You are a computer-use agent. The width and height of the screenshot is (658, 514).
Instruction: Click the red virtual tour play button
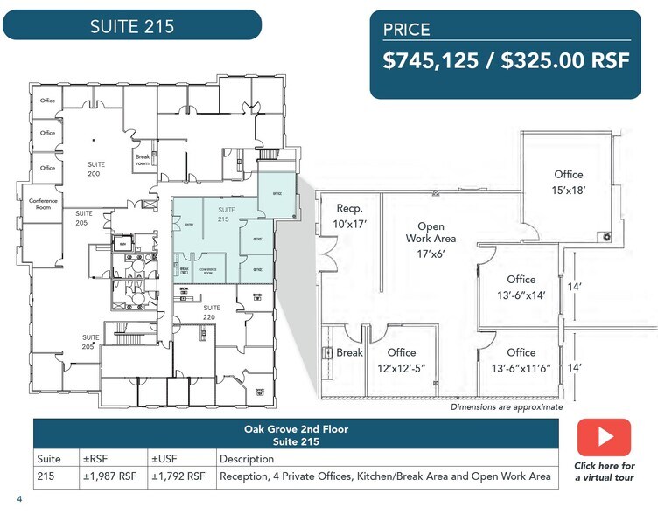click(x=604, y=437)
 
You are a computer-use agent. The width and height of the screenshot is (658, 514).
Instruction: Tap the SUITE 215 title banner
click(x=132, y=25)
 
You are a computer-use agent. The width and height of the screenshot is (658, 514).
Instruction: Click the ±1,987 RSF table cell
click(x=108, y=476)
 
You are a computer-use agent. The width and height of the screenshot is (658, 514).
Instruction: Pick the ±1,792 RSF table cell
click(x=178, y=476)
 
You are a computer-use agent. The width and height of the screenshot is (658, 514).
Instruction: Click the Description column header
click(x=247, y=459)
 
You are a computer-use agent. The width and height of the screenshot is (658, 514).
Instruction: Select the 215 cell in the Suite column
click(x=45, y=476)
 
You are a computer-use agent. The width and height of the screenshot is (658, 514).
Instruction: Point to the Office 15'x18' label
click(x=568, y=182)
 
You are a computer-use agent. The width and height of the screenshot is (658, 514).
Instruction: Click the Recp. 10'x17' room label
click(x=350, y=216)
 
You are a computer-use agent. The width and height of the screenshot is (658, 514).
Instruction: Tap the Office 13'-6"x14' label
click(x=521, y=288)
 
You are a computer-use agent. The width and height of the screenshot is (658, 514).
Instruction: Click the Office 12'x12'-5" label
click(x=401, y=360)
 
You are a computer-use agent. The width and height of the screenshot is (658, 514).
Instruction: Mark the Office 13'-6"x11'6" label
click(x=521, y=360)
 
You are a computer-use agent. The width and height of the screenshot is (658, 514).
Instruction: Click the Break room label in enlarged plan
click(x=350, y=353)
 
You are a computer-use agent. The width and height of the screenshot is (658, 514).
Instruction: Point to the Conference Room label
click(x=43, y=205)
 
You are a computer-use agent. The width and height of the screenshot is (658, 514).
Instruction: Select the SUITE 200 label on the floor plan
click(x=94, y=169)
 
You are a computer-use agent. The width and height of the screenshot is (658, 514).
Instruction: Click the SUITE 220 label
click(x=212, y=312)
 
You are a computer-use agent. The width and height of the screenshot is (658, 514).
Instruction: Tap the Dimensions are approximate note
click(x=507, y=407)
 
